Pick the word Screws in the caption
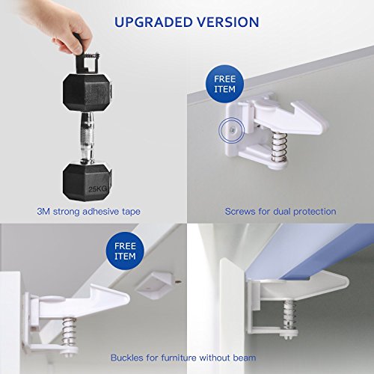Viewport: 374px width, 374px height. [240, 212]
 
